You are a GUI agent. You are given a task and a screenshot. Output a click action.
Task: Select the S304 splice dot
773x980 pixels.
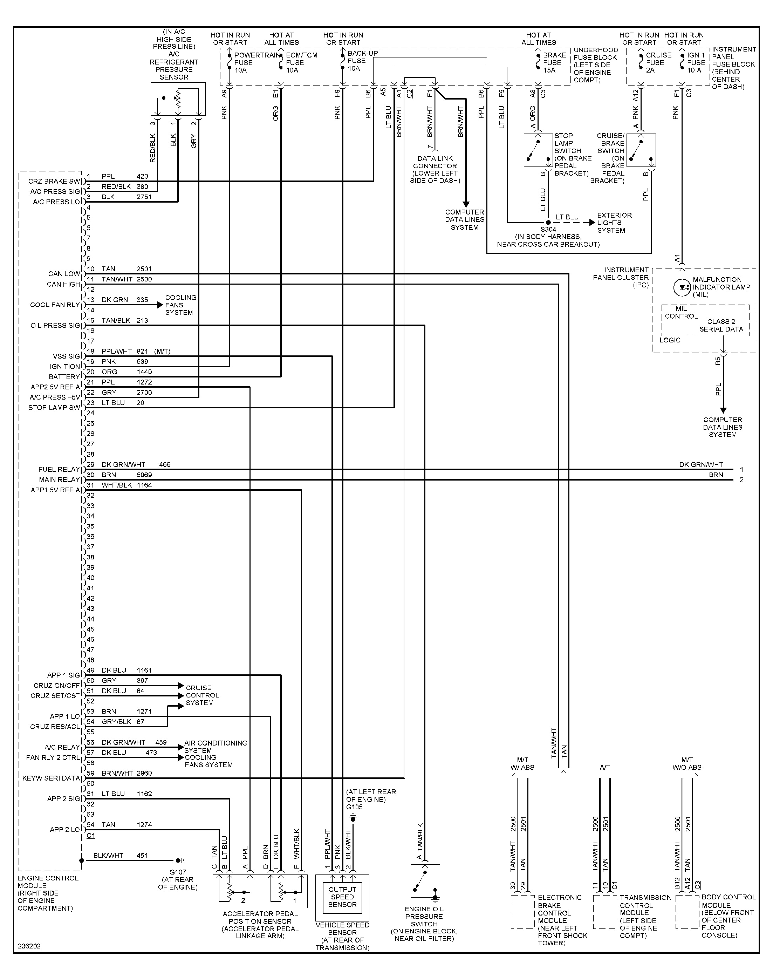coord(548,222)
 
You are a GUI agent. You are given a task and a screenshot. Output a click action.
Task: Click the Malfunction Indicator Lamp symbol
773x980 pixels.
coord(682,287)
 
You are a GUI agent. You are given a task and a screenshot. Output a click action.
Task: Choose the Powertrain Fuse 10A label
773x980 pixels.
coord(256,62)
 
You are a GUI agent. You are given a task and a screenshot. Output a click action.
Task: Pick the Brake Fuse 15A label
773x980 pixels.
coord(554,62)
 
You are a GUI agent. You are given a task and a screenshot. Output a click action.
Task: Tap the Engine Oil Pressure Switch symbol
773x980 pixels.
coord(425,880)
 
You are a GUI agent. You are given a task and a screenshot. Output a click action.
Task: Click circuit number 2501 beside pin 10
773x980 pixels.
coord(144,269)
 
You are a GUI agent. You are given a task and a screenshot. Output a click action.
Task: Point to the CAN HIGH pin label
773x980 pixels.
coord(63,284)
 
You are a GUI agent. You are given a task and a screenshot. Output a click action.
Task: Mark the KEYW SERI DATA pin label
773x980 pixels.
coord(51,778)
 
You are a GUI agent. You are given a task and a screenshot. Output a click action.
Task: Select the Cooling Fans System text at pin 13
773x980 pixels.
coord(180,305)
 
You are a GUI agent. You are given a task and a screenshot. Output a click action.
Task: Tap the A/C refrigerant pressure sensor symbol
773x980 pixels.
coord(178,99)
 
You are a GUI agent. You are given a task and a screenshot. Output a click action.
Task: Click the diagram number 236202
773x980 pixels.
coord(29,946)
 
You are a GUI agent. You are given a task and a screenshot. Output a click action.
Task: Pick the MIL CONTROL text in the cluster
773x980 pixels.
coord(681,312)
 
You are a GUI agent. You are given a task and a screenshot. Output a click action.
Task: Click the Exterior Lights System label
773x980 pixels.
coord(614,222)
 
